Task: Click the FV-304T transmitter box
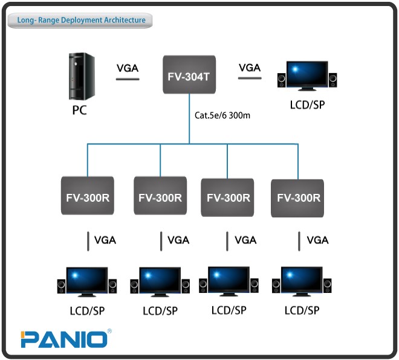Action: coord(190,74)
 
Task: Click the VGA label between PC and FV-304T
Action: coord(127,68)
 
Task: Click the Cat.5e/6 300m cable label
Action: coord(222,115)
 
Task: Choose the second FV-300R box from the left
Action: coord(160,196)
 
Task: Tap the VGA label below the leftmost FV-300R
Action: coord(105,240)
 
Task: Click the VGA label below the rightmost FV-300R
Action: coord(317,240)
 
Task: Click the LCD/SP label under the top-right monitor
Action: coord(308,104)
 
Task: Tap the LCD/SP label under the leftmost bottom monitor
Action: coord(87,311)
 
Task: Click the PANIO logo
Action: coord(64,339)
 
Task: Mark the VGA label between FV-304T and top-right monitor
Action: coord(250,68)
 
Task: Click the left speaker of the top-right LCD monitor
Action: coord(282,80)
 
